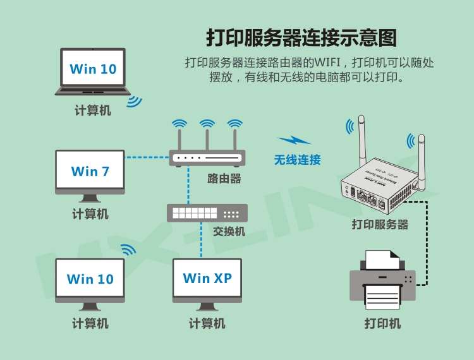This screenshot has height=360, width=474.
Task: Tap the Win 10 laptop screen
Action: click(x=93, y=69)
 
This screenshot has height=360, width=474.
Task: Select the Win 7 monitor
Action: click(x=90, y=171)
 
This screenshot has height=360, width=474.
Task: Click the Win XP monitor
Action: click(x=207, y=278)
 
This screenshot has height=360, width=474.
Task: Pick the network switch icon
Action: click(x=207, y=213)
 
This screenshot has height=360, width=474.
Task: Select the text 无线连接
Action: click(x=297, y=160)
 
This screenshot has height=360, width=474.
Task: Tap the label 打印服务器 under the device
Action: click(x=380, y=224)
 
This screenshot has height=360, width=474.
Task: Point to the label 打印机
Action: click(x=382, y=323)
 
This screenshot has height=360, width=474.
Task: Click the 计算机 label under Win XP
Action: click(x=207, y=323)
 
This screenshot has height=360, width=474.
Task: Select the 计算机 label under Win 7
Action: click(x=90, y=214)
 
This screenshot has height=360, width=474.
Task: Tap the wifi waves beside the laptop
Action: click(x=134, y=101)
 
